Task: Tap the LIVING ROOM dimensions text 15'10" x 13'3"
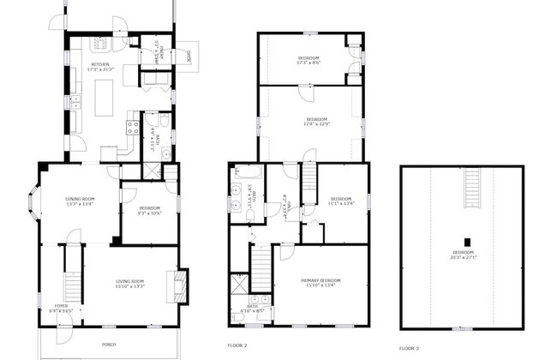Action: coord(131,285)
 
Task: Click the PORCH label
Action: coord(109,344)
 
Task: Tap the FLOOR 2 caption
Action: coord(237,345)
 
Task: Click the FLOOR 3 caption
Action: coord(410,348)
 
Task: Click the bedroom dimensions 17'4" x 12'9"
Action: coord(315,123)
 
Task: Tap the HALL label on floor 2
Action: coord(290,204)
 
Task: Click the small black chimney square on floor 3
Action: coord(467,241)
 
